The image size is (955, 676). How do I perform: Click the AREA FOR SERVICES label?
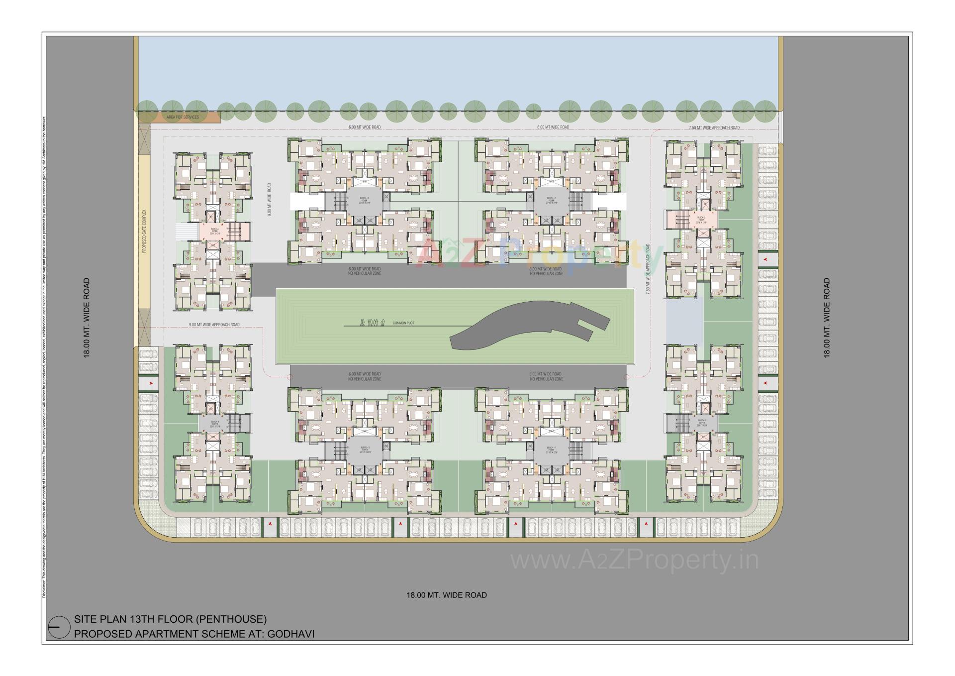tap(183, 117)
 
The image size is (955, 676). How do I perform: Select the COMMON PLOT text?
tap(403, 323)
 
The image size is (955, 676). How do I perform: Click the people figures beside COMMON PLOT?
tap(372, 323)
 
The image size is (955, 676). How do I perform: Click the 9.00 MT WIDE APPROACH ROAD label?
tap(214, 325)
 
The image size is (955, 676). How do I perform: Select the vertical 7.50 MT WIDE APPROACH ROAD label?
tap(648, 269)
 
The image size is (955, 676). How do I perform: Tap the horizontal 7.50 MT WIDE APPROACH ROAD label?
tap(714, 128)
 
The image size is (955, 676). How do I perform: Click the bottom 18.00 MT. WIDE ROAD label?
tap(446, 595)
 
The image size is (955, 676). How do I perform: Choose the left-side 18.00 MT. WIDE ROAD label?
tap(87, 318)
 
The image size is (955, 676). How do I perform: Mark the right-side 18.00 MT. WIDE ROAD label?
tap(827, 318)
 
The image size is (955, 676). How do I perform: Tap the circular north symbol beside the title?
tap(59, 627)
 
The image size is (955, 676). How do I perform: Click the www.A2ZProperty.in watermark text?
tap(634, 561)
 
